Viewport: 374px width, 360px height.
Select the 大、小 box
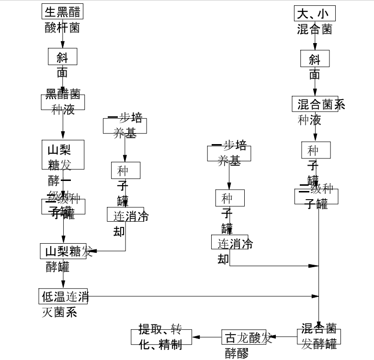315,13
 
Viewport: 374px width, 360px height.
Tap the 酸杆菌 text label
62,28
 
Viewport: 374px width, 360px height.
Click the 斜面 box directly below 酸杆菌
62,57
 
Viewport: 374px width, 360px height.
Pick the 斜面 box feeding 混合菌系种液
315,58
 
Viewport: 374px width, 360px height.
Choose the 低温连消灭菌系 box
63,296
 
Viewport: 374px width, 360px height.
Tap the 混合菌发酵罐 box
319,337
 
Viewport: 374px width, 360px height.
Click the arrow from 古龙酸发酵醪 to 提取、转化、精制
206,337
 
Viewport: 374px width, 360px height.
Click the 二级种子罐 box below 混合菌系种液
316,196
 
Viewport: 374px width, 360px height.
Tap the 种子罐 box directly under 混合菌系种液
315,150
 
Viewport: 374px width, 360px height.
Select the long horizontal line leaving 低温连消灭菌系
201,296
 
